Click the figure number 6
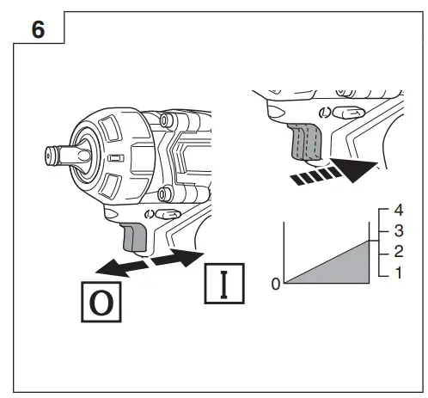(x=38, y=29)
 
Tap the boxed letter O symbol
(x=101, y=302)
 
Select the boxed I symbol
(x=224, y=284)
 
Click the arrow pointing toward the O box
(x=122, y=267)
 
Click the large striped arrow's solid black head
(x=355, y=169)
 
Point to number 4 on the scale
(x=399, y=210)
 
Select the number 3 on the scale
(x=399, y=230)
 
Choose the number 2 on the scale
(x=399, y=251)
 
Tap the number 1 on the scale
(x=399, y=272)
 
